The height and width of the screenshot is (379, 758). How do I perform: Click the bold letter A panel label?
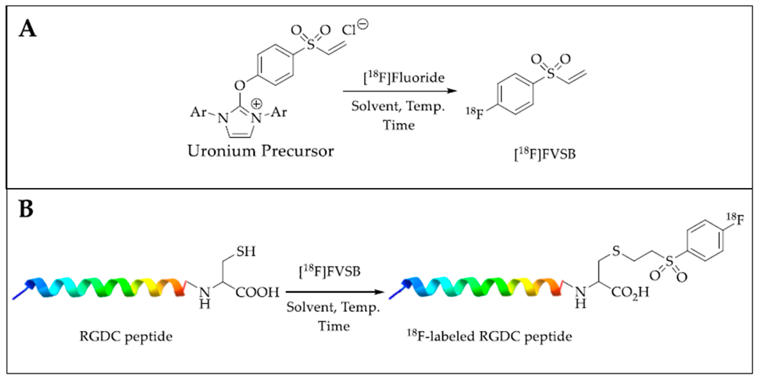[27, 28]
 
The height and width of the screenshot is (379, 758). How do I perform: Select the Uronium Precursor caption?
[261, 151]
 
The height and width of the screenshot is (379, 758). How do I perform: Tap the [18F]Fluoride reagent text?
[404, 78]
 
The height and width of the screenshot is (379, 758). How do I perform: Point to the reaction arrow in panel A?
[399, 91]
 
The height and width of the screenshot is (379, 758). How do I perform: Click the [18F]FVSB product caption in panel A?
[544, 154]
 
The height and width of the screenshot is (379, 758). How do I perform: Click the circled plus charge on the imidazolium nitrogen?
[256, 104]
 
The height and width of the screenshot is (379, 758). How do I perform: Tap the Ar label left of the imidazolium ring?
[198, 112]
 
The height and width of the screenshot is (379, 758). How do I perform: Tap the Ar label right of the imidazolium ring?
[278, 112]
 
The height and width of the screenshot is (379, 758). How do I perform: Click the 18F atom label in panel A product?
[475, 113]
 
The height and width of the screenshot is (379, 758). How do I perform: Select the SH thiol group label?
[246, 251]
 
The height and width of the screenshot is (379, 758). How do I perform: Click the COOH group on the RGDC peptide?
[257, 292]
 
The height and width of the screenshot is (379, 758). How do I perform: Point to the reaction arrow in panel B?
[335, 292]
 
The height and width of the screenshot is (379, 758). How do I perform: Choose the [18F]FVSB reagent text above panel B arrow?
[330, 272]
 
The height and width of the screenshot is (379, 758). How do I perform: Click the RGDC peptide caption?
[126, 337]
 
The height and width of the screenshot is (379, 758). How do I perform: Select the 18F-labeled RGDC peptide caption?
[489, 336]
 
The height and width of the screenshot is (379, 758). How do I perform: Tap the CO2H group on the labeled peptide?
[630, 292]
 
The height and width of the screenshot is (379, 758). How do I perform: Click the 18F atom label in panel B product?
[735, 219]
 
